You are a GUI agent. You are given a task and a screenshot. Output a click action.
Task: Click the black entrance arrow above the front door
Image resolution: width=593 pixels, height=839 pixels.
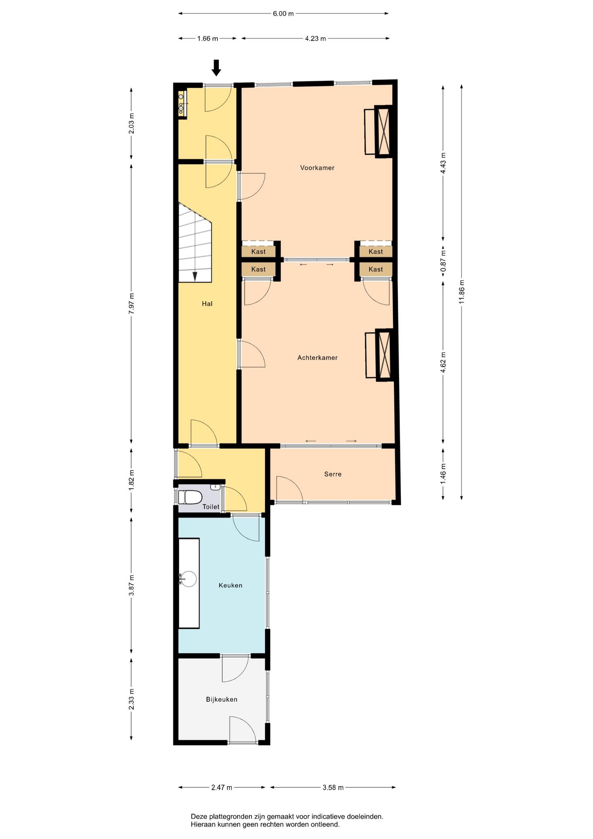[x=216, y=68]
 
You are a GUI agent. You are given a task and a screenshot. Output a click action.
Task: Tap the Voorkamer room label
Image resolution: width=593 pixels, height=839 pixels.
[x=317, y=168]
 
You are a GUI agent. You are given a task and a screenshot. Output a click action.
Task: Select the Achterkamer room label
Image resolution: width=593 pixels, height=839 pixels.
[x=317, y=358]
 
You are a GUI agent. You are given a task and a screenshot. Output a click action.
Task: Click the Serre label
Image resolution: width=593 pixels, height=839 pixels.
[x=333, y=474]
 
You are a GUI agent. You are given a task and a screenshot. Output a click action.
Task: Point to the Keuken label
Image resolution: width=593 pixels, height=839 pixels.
[x=231, y=586]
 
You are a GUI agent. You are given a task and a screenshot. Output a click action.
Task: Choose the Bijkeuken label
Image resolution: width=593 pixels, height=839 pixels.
[x=222, y=700]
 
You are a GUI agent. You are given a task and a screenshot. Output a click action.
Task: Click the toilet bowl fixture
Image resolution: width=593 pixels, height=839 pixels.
[x=190, y=497]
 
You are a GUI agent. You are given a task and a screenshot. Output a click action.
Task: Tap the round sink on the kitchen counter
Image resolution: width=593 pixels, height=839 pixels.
[x=188, y=579]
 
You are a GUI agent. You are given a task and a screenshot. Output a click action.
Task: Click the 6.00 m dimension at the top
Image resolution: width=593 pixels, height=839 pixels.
[x=283, y=14]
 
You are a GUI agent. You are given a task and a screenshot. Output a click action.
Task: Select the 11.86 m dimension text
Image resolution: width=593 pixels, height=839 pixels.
[x=462, y=292]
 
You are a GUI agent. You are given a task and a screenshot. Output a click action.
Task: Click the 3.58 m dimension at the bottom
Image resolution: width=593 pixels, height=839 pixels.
[x=333, y=787]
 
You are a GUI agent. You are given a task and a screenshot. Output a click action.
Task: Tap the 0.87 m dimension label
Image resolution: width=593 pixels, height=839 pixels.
[x=443, y=261]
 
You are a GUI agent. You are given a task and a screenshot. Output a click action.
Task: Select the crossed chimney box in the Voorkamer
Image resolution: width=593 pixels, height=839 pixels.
[x=384, y=131]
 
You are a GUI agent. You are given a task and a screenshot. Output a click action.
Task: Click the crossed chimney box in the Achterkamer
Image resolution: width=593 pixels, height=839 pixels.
[x=385, y=355]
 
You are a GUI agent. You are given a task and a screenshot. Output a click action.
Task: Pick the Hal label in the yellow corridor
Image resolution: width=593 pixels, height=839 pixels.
[x=207, y=304]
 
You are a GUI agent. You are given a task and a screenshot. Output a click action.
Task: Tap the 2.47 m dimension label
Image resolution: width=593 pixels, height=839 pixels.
[x=222, y=787]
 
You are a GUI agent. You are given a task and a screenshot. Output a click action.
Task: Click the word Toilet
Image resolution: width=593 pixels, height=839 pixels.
[x=211, y=507]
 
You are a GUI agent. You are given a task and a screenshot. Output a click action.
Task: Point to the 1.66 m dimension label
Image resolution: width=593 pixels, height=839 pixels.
[x=207, y=38]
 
